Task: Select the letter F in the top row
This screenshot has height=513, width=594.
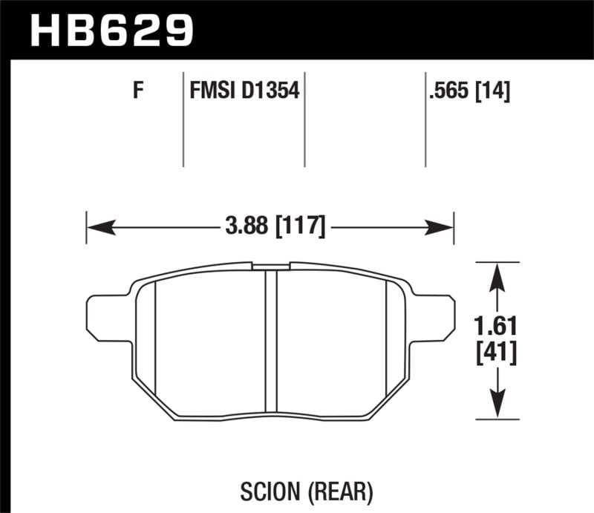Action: pyautogui.click(x=137, y=92)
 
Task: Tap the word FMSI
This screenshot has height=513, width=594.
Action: pyautogui.click(x=209, y=92)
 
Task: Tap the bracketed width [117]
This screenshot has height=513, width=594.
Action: pyautogui.click(x=301, y=226)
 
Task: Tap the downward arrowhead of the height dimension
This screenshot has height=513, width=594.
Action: pyautogui.click(x=496, y=408)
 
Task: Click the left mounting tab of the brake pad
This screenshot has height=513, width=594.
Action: pyautogui.click(x=104, y=315)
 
